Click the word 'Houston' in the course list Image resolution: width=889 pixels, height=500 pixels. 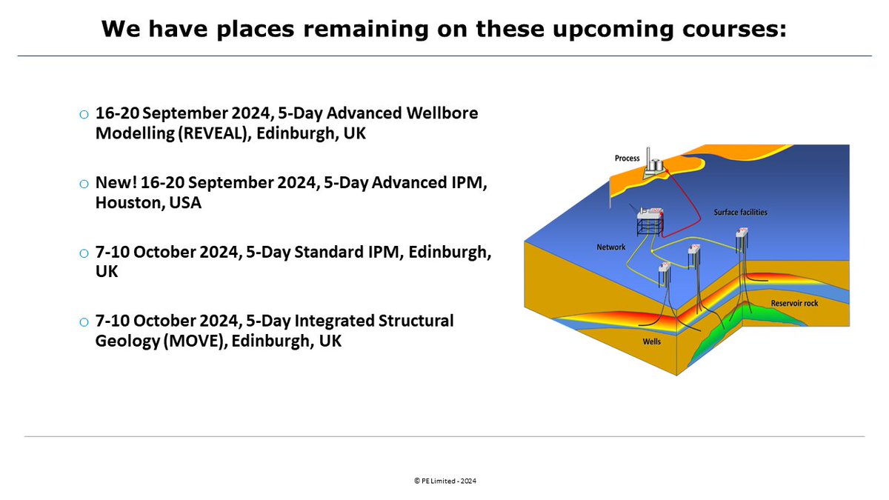tap(125, 202)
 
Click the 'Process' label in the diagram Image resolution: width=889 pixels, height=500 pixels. tap(627, 159)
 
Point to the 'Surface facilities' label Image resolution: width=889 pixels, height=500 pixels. tap(740, 213)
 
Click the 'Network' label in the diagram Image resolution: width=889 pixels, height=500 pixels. tap(611, 247)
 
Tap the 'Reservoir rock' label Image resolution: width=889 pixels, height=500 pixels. tap(795, 304)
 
